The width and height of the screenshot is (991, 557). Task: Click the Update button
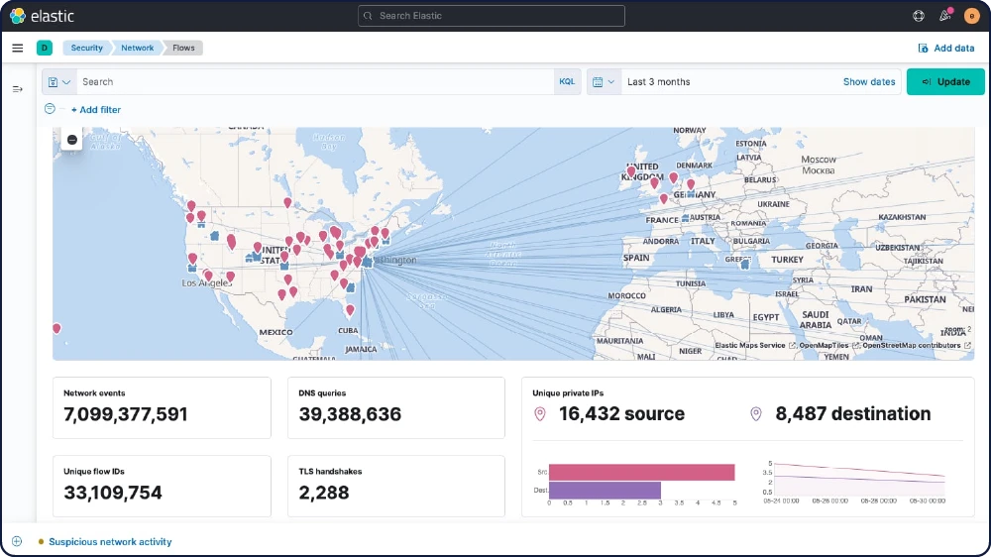point(945,81)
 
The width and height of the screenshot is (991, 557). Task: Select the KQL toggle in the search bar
point(567,81)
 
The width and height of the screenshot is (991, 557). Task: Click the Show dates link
point(869,81)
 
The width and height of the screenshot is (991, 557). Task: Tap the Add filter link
point(95,110)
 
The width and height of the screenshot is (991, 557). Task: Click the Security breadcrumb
point(86,48)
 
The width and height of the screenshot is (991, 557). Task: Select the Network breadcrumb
point(137,48)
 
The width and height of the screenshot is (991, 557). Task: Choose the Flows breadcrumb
point(184,48)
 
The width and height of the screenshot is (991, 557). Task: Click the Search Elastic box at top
point(492,16)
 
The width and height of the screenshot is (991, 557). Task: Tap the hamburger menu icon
point(18,48)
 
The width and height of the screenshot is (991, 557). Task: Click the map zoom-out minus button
point(72,140)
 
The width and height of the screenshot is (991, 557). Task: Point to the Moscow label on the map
point(819,160)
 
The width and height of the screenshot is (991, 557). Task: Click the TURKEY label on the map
point(788,259)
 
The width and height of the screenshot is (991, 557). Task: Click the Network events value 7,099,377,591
point(126,414)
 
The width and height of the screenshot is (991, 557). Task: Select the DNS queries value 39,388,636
point(350,414)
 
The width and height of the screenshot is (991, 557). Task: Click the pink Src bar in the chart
point(641,473)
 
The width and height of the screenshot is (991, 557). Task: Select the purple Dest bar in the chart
point(605,490)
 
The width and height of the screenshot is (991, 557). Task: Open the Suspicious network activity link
point(110,542)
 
